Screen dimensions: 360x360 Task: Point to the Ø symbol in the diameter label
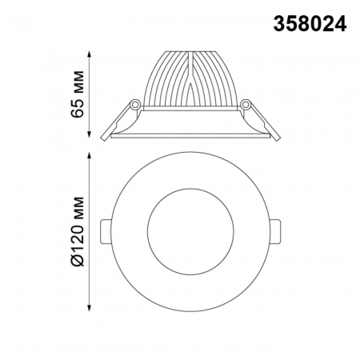pyautogui.click(x=77, y=259)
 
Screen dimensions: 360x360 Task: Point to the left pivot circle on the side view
pyautogui.click(x=136, y=104)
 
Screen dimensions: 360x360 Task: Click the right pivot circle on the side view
pyautogui.click(x=246, y=104)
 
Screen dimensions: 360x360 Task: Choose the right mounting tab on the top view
pyautogui.click(x=275, y=230)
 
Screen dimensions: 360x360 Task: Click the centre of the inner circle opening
pyautogui.click(x=190, y=230)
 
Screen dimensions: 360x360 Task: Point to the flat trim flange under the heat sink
pyautogui.click(x=190, y=133)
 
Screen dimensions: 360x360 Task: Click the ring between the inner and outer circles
pyautogui.click(x=136, y=230)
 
